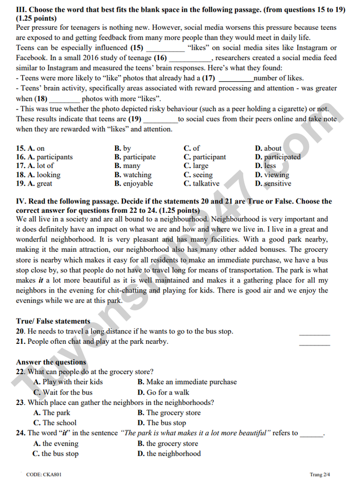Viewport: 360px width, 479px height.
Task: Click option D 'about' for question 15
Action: (x=273, y=149)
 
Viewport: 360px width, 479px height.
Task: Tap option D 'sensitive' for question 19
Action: (x=277, y=183)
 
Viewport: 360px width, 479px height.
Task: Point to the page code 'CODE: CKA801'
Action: (x=44, y=474)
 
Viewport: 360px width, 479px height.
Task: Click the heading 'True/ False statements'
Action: (x=53, y=321)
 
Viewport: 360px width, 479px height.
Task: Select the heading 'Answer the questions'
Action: (x=51, y=362)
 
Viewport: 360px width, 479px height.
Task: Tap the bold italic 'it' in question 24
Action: (x=63, y=433)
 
